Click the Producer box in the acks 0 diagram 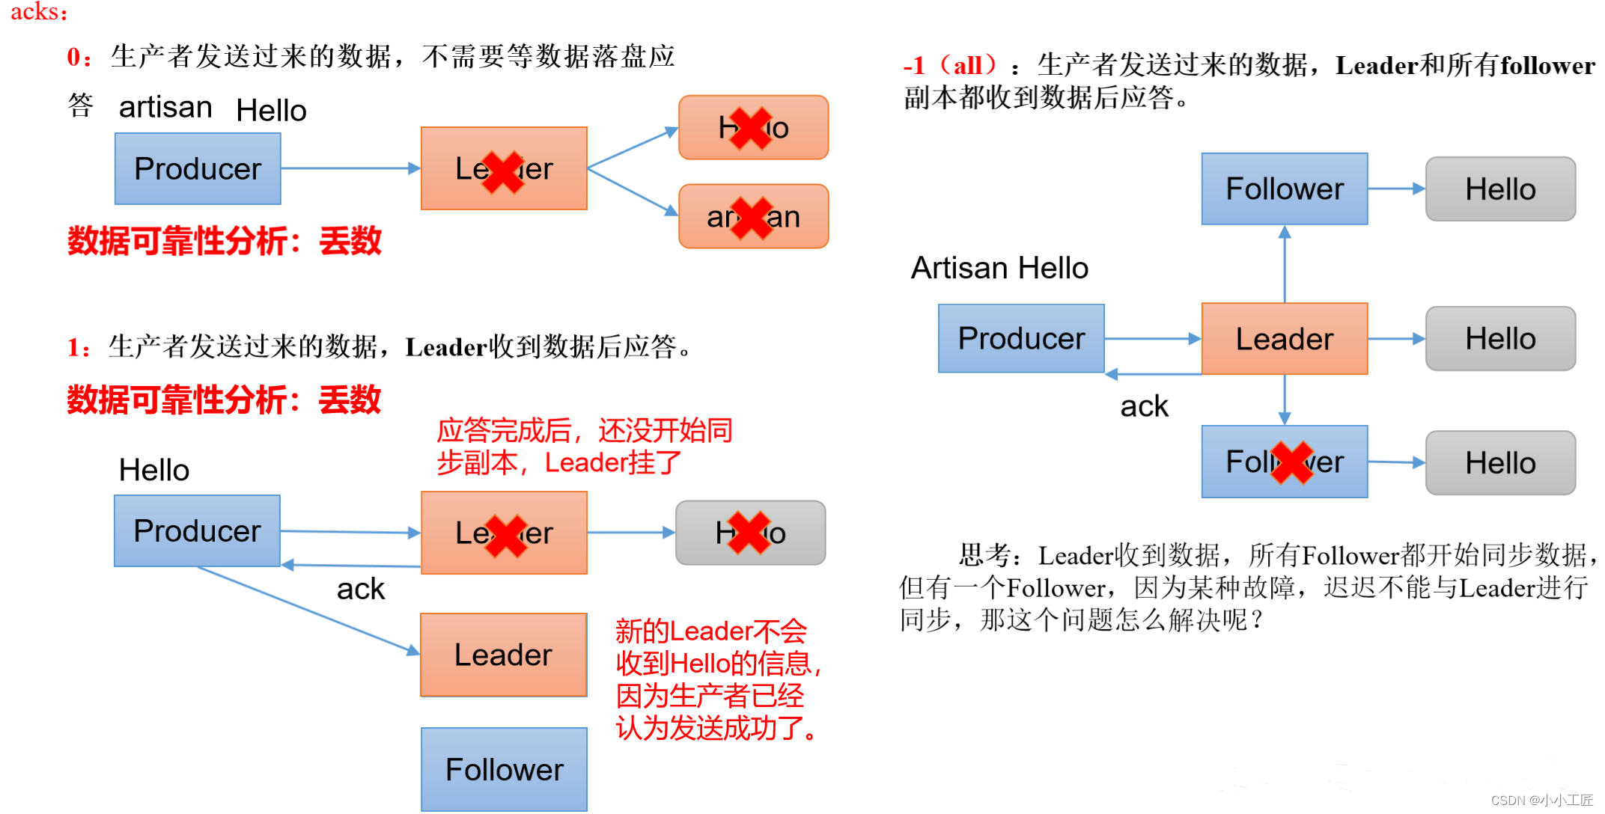point(198,168)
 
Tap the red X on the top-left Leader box point(503,171)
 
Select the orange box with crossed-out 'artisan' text point(753,217)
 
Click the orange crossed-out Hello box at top point(753,127)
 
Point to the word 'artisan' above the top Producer point(165,107)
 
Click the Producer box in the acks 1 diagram point(197,530)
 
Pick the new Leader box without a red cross point(503,655)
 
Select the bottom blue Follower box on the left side point(504,769)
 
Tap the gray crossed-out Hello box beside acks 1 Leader point(750,533)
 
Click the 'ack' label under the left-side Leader point(360,589)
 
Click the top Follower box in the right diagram point(1285,189)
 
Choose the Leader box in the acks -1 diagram point(1285,339)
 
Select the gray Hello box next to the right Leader point(1500,339)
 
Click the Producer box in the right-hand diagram point(1021,338)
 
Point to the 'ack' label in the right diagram point(1144,406)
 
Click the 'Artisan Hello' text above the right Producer point(999,268)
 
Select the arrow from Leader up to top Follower point(1285,263)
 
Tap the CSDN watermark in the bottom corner point(1541,800)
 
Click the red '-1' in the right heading point(914,66)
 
